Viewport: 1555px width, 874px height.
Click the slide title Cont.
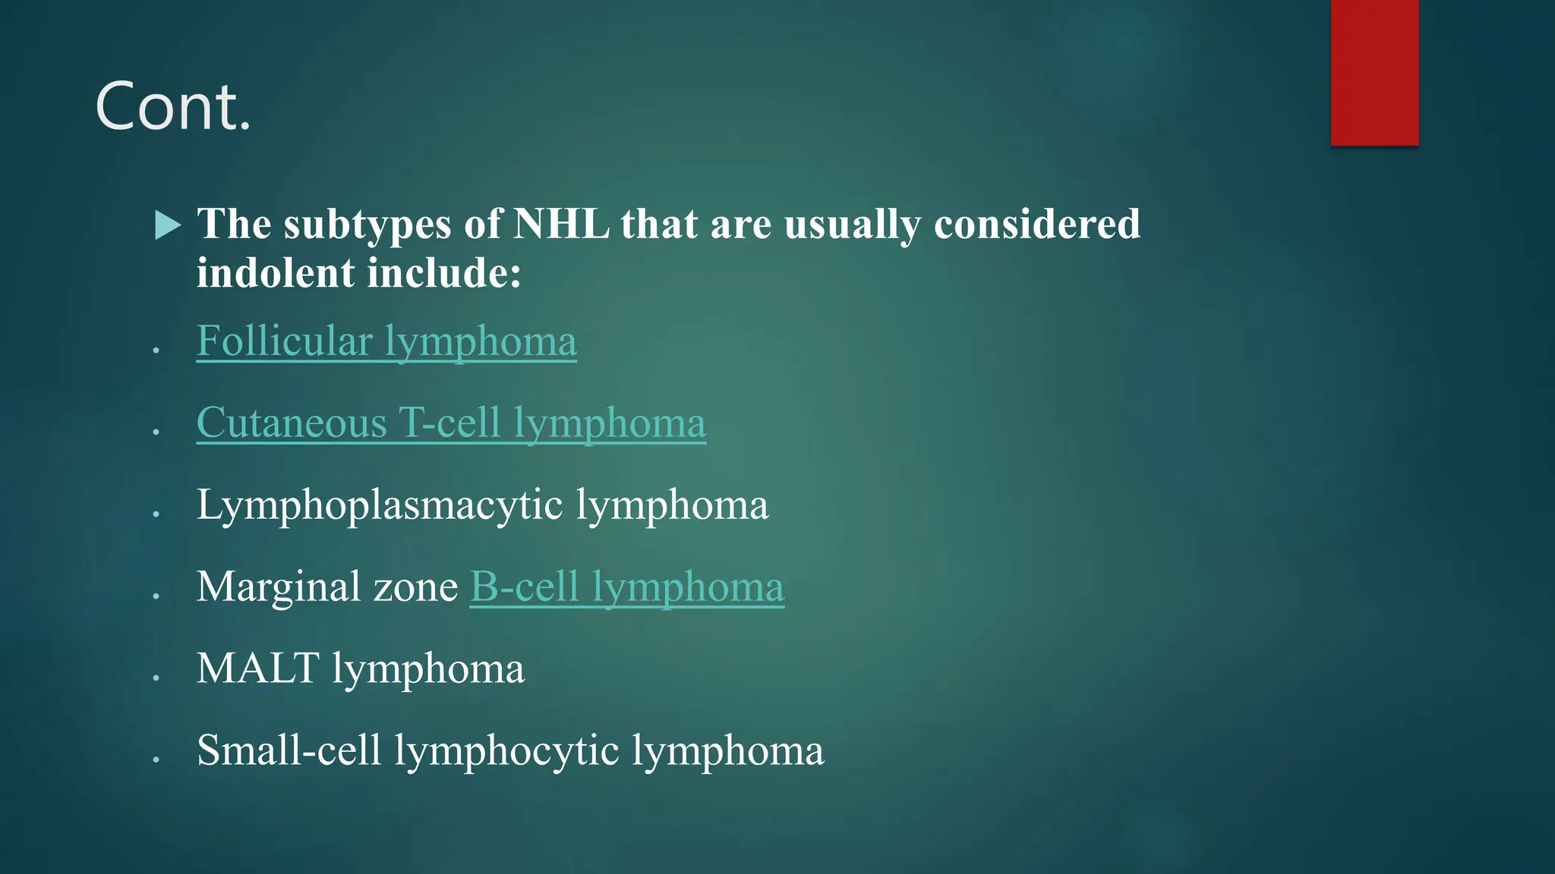point(173,108)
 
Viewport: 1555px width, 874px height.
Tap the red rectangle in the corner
point(1374,72)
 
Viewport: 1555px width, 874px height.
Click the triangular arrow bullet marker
point(167,225)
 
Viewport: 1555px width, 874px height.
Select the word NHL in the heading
point(561,225)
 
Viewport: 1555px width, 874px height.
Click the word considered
point(1036,225)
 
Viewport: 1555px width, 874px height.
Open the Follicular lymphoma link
point(386,341)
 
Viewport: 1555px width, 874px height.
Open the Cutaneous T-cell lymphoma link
point(451,423)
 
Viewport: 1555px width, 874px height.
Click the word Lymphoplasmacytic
point(380,505)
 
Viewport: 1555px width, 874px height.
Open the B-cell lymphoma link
point(626,586)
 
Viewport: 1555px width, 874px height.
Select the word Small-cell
point(289,750)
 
